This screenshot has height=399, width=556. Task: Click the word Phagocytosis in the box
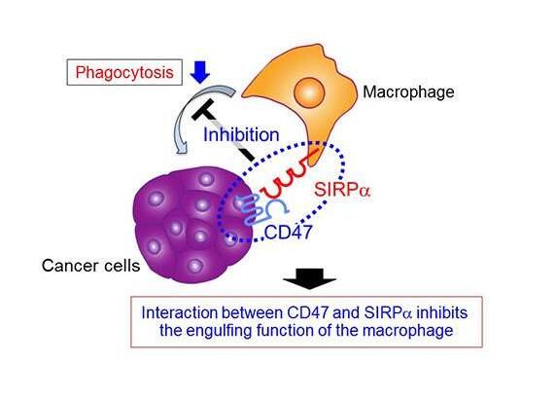(x=124, y=73)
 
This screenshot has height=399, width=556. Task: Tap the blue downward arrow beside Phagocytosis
(x=199, y=72)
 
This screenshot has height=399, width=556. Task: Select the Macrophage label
(x=408, y=92)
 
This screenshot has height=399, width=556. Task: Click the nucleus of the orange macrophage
(x=309, y=92)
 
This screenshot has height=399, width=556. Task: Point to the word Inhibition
(x=241, y=135)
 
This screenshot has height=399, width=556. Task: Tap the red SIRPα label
(x=342, y=190)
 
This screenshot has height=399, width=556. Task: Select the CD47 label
(x=289, y=233)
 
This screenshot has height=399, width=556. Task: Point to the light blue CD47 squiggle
(x=260, y=211)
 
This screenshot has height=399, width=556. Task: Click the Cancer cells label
(x=90, y=266)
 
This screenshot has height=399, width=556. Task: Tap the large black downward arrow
(x=309, y=278)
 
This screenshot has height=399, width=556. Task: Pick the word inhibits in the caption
(x=442, y=312)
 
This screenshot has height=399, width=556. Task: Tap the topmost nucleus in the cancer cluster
(x=206, y=179)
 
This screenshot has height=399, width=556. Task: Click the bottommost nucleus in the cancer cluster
(x=194, y=266)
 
